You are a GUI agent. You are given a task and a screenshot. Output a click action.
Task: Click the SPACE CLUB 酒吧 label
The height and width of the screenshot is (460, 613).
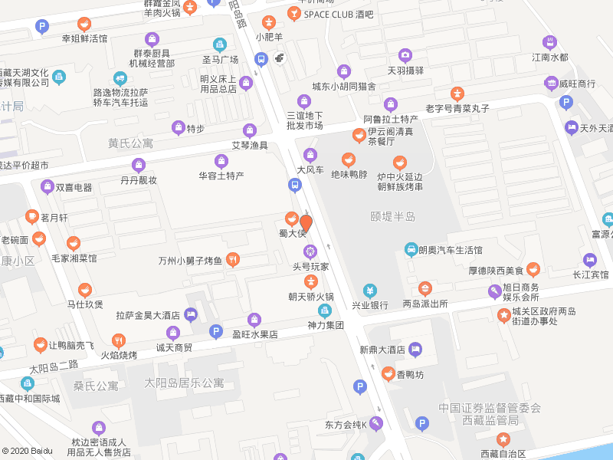(338, 14)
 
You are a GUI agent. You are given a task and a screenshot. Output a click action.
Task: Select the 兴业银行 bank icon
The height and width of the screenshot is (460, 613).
(370, 291)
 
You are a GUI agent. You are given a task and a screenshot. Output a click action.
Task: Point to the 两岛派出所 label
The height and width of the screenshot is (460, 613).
(425, 304)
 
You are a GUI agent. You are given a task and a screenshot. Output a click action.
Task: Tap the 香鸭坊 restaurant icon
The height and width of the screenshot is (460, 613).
(388, 374)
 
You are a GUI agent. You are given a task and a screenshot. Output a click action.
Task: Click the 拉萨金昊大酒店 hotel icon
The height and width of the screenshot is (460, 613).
(191, 314)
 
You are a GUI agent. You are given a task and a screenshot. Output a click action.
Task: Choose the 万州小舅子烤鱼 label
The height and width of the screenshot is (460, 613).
(190, 261)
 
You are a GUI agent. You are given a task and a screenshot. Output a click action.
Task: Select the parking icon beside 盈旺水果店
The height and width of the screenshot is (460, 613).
(216, 331)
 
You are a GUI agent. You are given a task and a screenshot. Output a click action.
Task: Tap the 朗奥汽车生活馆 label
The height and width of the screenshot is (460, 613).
(451, 250)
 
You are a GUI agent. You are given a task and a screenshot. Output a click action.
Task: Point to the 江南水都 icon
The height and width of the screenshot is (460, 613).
(549, 42)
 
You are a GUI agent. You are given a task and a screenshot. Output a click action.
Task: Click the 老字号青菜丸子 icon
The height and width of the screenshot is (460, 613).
(457, 94)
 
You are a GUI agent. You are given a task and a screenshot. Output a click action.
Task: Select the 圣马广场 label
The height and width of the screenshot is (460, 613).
(220, 59)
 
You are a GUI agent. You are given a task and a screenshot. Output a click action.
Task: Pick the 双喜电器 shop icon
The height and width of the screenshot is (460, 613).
(45, 187)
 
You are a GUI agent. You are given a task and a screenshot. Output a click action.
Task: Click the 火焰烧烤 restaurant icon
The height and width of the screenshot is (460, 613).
(119, 340)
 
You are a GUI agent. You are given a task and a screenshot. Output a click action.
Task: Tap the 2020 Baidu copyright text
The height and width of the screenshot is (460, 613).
(27, 451)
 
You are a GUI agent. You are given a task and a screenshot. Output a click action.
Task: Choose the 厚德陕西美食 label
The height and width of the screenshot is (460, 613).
(495, 270)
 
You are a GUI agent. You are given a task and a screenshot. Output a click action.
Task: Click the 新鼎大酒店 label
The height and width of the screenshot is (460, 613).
(382, 350)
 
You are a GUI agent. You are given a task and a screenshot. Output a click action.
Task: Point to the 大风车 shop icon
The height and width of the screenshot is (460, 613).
(310, 155)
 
